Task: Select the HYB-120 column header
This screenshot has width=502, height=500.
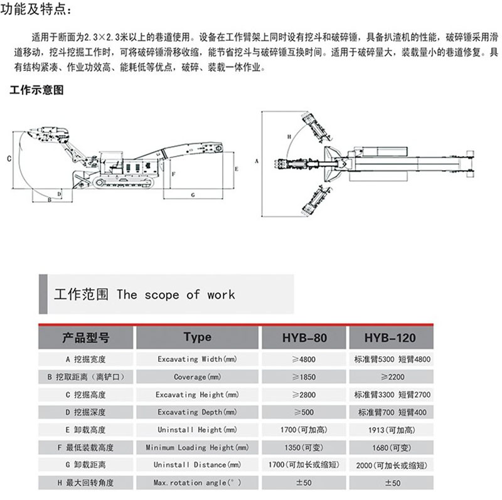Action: click(389, 338)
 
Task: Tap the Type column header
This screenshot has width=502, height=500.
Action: click(197, 338)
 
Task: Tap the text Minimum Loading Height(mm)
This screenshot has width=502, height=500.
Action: click(193, 447)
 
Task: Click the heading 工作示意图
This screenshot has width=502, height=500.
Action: click(37, 90)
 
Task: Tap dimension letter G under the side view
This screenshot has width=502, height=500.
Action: click(193, 195)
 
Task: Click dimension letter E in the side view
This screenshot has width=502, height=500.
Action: click(236, 169)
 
